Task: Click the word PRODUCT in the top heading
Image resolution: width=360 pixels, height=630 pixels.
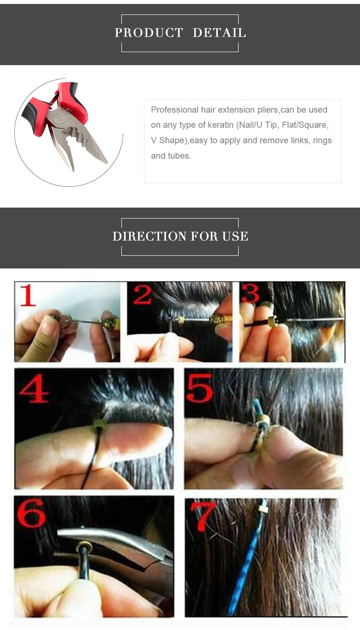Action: tap(149, 33)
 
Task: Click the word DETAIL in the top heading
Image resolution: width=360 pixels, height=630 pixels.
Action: tap(219, 33)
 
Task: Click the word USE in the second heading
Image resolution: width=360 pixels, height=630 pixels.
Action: tap(235, 236)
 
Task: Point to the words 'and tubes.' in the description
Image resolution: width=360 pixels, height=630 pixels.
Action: tap(171, 156)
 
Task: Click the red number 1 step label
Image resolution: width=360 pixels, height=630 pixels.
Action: tap(28, 295)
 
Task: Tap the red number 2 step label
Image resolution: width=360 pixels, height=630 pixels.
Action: tap(143, 295)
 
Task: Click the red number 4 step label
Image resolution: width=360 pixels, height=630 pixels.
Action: tap(33, 389)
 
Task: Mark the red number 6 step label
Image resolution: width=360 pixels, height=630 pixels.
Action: tap(31, 513)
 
